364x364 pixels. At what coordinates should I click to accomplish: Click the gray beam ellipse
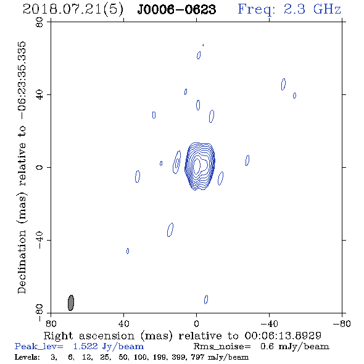[x=71, y=303]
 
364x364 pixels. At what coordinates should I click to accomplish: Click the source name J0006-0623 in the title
[x=176, y=10]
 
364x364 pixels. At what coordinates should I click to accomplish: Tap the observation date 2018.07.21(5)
[x=73, y=10]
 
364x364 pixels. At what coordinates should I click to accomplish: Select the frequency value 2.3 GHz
[x=312, y=9]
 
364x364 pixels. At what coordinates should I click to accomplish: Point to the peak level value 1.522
[x=85, y=346]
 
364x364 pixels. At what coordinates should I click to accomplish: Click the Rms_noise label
[x=222, y=347]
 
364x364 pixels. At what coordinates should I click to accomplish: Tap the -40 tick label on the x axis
[x=269, y=324]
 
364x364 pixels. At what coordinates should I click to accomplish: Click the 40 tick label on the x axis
[x=123, y=324]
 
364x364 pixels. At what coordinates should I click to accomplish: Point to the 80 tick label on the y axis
[x=39, y=22]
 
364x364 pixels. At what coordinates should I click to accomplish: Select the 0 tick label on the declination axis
[x=39, y=167]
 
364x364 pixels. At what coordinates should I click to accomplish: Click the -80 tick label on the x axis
[x=342, y=324]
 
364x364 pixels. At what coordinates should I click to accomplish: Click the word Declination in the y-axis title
[x=22, y=262]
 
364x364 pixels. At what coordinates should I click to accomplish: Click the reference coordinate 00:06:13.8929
[x=283, y=336]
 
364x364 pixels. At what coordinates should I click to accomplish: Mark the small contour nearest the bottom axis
[x=206, y=299]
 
